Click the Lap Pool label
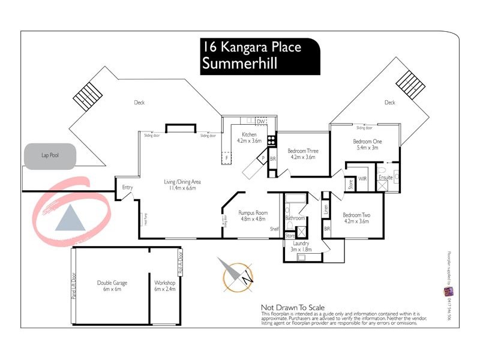(x=50, y=155)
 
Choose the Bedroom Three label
(x=303, y=154)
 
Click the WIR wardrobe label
(x=362, y=179)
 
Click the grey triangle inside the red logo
(x=71, y=218)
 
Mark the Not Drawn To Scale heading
(x=296, y=307)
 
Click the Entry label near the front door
(x=127, y=188)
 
